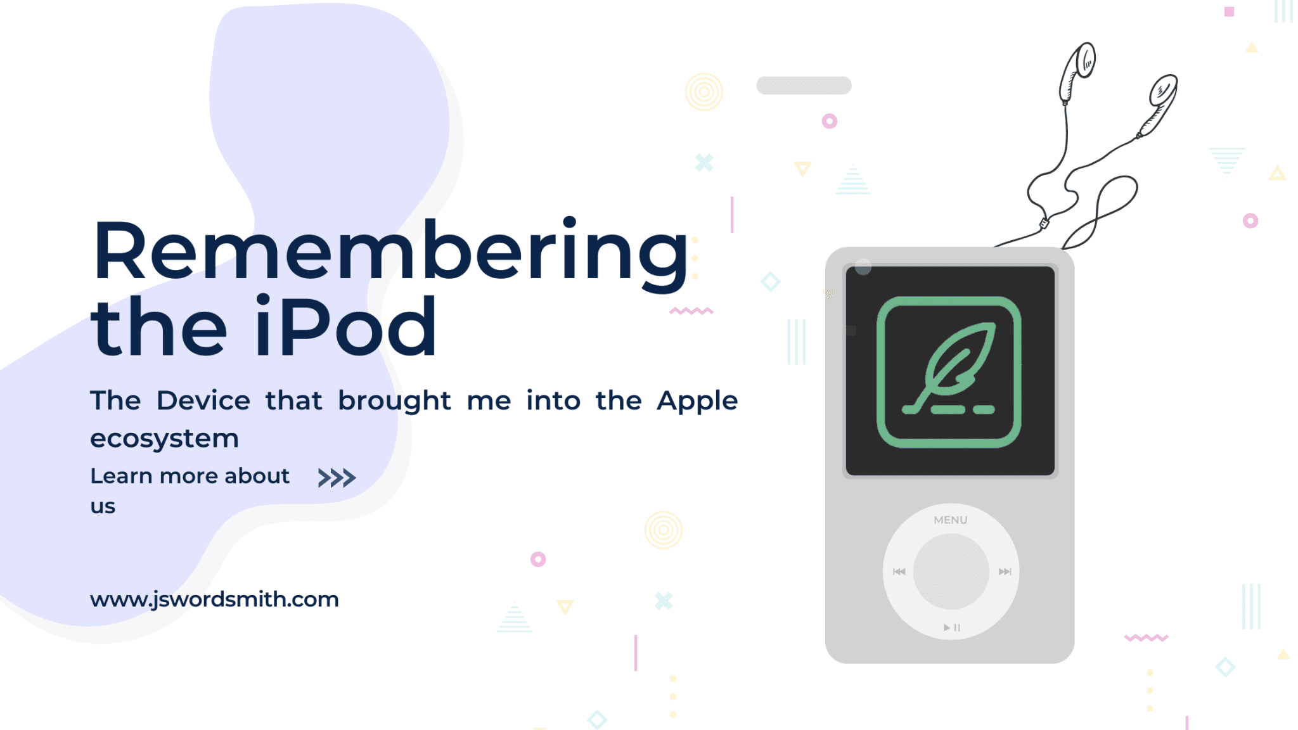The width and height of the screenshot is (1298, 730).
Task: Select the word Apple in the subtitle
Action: (697, 401)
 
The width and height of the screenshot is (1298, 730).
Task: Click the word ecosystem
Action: (164, 439)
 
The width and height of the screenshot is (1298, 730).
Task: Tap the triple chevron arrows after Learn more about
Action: (337, 478)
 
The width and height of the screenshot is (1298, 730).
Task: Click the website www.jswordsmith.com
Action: (214, 599)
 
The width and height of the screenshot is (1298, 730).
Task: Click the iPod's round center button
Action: (951, 572)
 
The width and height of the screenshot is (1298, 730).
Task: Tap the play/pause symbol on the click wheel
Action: (951, 627)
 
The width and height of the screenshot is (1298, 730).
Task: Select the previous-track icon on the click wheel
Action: (899, 572)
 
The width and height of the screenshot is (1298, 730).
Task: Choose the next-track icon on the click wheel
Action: (1005, 572)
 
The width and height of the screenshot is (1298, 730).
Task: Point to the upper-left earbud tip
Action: (1084, 60)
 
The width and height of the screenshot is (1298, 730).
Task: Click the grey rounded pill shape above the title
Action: (804, 86)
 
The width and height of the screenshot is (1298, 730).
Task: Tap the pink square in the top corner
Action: (1229, 11)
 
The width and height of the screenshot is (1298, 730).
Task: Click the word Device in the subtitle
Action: (203, 401)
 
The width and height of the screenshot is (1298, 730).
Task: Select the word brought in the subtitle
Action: (394, 401)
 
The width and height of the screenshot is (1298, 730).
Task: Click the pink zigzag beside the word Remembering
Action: (691, 311)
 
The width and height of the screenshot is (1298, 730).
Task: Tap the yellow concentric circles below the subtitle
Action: (663, 530)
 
